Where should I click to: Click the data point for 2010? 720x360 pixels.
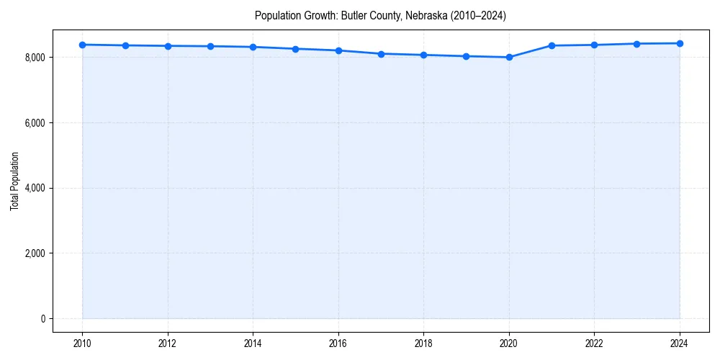point(83,45)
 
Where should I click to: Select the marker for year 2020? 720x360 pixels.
point(509,57)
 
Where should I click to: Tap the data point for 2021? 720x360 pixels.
point(552,45)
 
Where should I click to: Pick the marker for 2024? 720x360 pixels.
point(680,43)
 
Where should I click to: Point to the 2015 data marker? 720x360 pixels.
point(296,49)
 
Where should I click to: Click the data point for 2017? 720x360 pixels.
point(381,54)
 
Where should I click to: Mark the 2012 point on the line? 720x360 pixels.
point(168,46)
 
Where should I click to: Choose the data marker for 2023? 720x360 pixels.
point(636,44)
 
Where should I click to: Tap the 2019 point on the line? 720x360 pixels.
point(467,56)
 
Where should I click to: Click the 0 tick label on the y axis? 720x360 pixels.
point(42,319)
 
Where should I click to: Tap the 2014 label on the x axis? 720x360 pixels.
point(253,343)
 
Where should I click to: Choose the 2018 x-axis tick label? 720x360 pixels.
point(423,343)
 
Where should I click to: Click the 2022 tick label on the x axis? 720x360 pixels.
point(594,343)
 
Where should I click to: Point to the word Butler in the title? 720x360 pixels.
point(353,15)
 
